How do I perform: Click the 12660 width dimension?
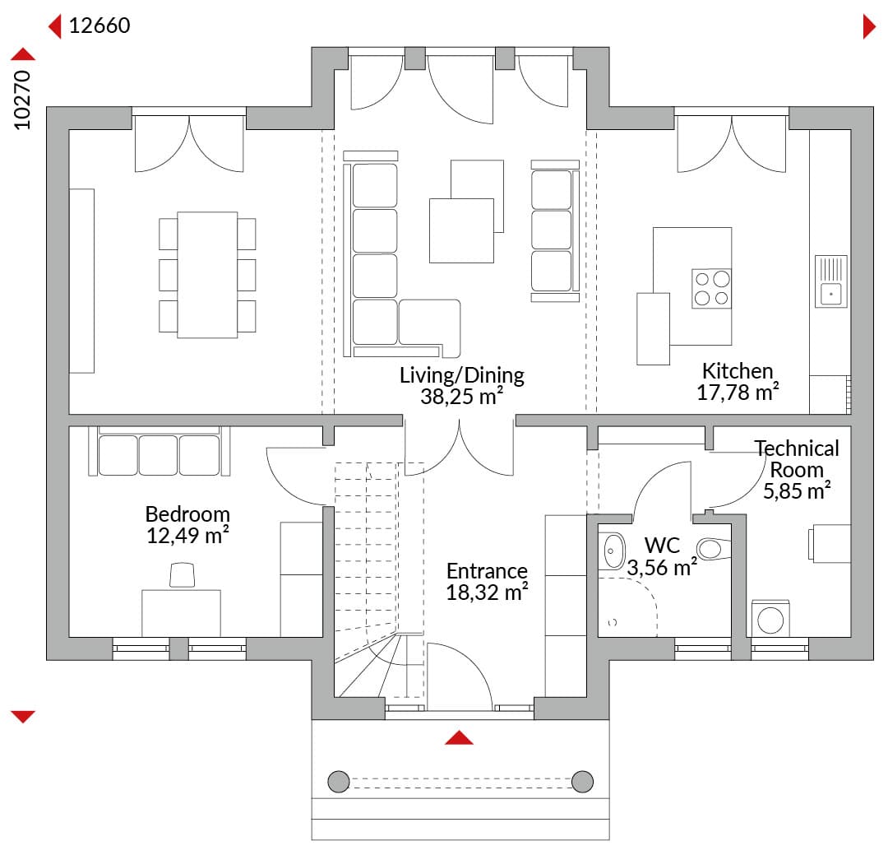[x=99, y=26]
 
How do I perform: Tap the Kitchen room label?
[x=738, y=371]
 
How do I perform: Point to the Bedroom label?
[x=187, y=513]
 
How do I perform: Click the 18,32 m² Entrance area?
[x=487, y=592]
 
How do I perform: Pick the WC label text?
[x=662, y=546]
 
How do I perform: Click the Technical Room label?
[x=797, y=458]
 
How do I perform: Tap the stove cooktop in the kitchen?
[x=711, y=289]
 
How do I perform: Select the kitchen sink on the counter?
[x=830, y=281]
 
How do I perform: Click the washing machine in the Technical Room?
[x=770, y=619]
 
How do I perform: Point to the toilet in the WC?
[x=714, y=548]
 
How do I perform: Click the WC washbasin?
[x=612, y=551]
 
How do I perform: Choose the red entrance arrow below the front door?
[x=459, y=737]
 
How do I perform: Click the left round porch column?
[x=339, y=781]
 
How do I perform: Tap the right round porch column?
[x=582, y=781]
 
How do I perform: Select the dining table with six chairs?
[x=207, y=275]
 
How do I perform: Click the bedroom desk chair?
[x=183, y=574]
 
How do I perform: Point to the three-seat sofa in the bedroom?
[x=160, y=451]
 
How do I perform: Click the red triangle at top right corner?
[x=869, y=26]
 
